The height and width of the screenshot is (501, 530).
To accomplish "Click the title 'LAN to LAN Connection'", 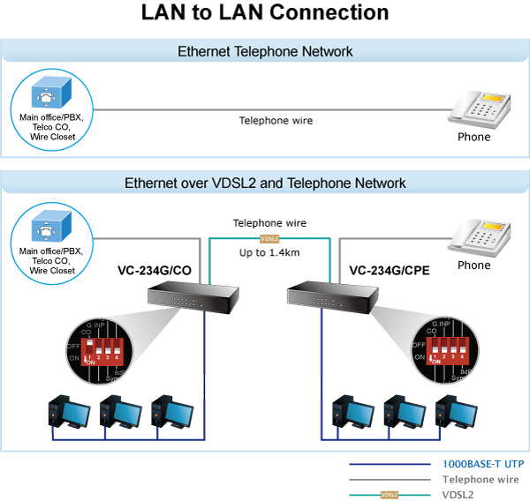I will (265, 13).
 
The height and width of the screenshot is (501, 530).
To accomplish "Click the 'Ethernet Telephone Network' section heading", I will (265, 51).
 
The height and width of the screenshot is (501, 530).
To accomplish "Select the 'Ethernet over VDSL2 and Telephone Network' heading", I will (265, 183).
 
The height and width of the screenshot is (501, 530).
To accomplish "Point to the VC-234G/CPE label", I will (389, 270).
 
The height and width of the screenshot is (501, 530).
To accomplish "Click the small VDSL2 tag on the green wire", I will (269, 238).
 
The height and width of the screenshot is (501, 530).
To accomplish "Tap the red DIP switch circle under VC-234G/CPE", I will (442, 348).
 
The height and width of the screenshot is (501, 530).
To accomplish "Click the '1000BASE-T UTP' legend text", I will (482, 464).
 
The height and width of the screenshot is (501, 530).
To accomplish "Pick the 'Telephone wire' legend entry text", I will (480, 480).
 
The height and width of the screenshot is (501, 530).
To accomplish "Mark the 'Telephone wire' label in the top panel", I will (276, 121).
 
